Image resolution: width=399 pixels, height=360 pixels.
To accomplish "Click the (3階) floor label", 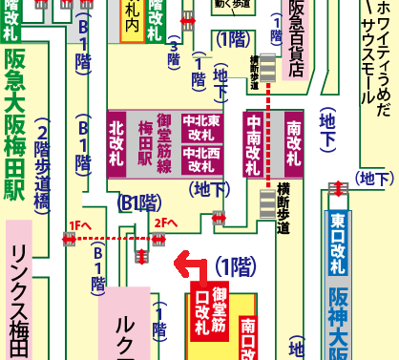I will pyautogui.click(x=173, y=54).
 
